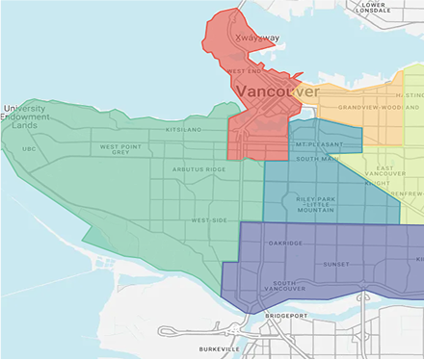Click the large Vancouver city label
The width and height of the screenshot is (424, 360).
pos(278,91)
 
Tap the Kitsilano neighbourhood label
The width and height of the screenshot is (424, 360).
pos(186,128)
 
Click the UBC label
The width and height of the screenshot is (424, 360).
pos(29,149)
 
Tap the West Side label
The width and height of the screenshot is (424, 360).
pos(209,220)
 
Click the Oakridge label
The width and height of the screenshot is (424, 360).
pos(286,244)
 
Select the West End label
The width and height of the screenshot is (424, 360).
pos(244,70)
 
